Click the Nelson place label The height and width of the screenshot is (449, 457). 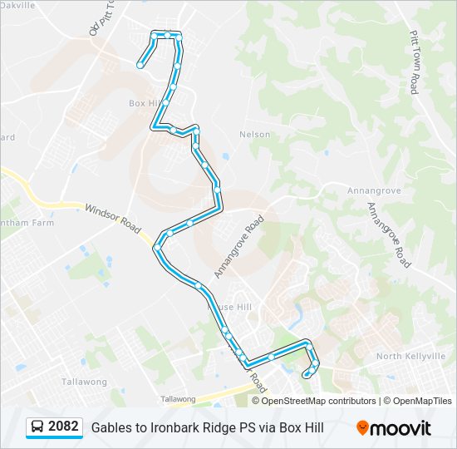click(x=254, y=134)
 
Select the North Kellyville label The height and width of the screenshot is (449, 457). click(x=410, y=356)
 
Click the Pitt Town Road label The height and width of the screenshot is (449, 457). click(x=414, y=63)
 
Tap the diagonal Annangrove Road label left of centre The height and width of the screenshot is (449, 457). click(x=238, y=246)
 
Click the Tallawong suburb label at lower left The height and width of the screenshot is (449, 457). click(x=84, y=382)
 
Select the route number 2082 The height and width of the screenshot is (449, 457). click(x=63, y=427)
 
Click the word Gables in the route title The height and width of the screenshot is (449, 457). click(x=111, y=428)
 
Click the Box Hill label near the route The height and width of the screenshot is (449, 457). click(x=143, y=103)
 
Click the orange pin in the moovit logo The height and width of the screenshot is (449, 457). click(x=362, y=428)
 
